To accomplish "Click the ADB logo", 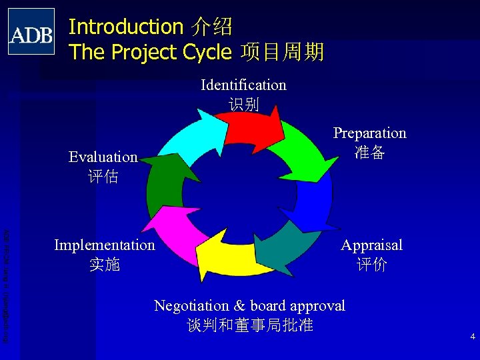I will (31, 31).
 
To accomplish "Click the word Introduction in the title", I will (126, 27).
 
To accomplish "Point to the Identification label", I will (243, 85).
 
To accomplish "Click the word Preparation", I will (369, 133).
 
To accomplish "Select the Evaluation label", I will (103, 157).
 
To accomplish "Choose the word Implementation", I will (105, 245).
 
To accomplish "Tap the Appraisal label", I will (371, 245).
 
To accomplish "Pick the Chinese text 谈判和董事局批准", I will (250, 325).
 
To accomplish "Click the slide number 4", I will (472, 337).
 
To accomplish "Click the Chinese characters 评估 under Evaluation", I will (103, 177).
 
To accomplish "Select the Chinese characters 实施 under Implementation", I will (105, 265).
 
